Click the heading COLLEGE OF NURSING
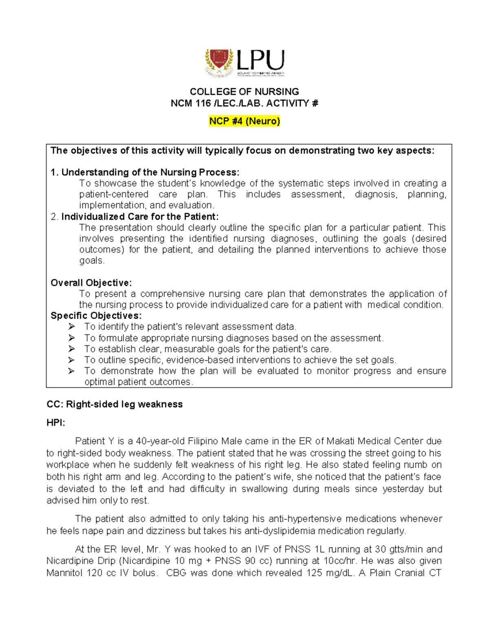click(x=244, y=92)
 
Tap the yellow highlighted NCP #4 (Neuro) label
click(x=244, y=121)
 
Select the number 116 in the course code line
click(x=203, y=104)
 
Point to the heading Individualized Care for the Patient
click(x=140, y=216)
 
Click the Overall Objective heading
click(x=91, y=283)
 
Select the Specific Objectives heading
click(x=96, y=316)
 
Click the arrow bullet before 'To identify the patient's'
click(x=72, y=327)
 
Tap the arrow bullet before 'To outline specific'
click(x=72, y=360)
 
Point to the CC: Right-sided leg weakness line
click(x=115, y=404)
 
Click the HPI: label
click(x=56, y=423)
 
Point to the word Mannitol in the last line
click(x=64, y=573)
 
